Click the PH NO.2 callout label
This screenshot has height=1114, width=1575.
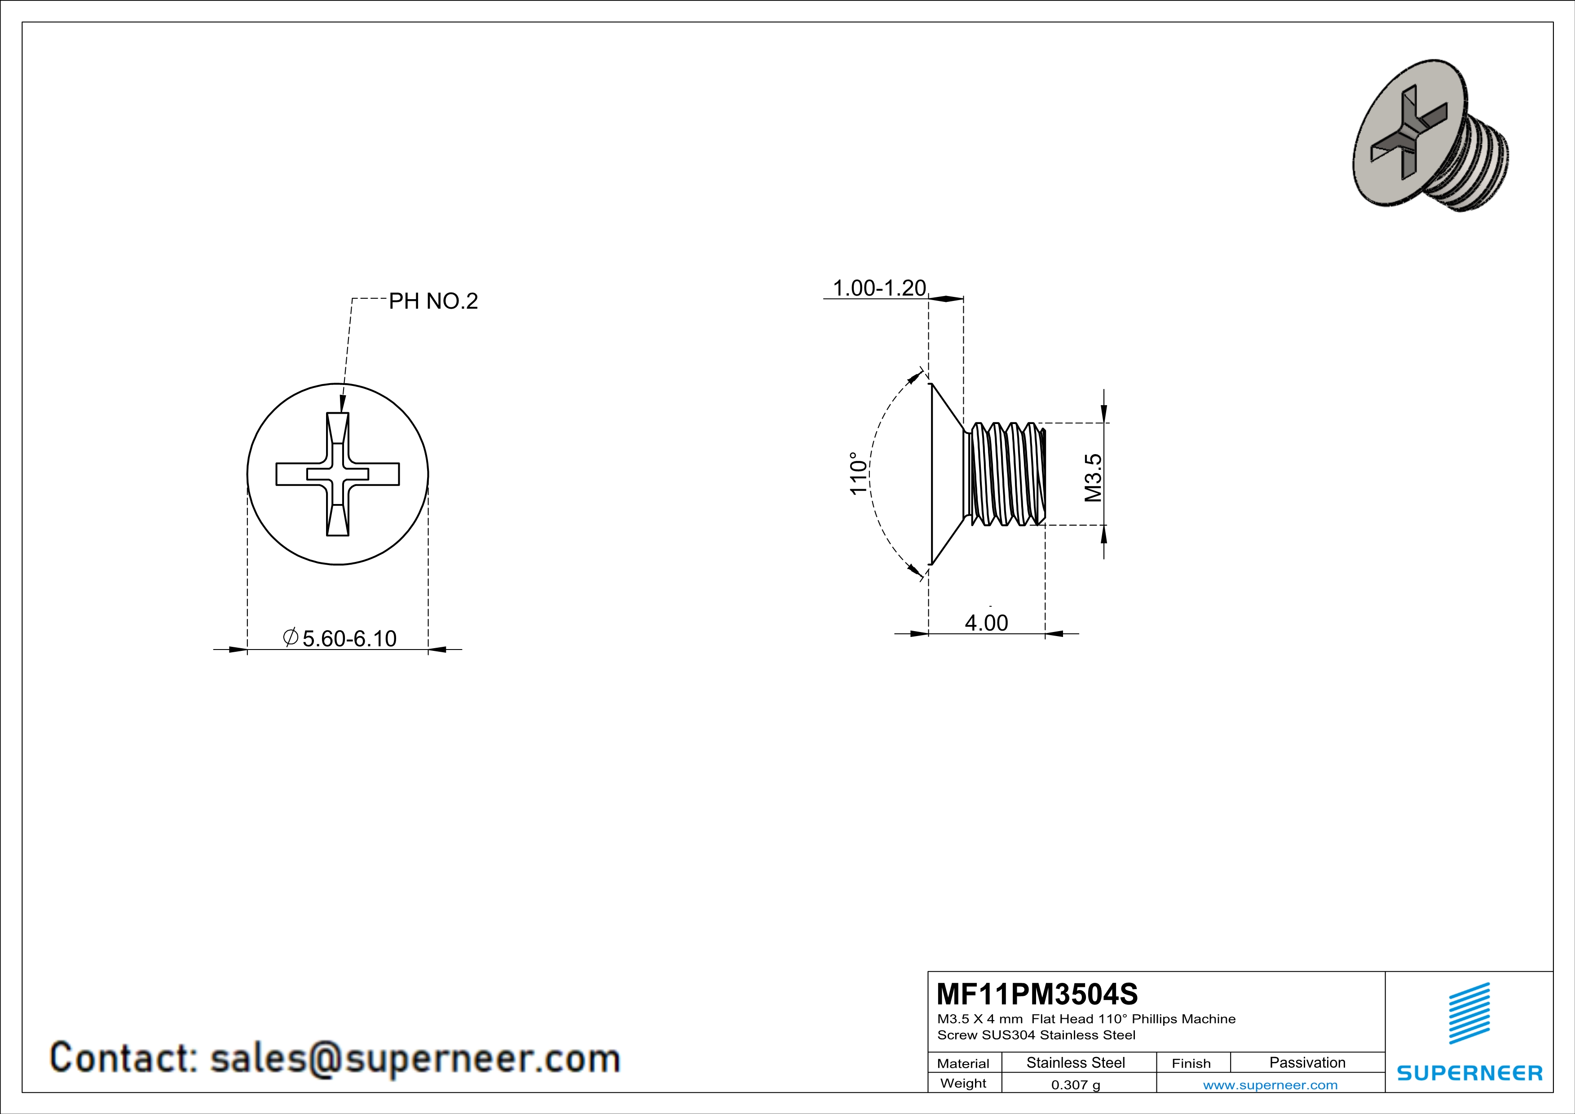coord(433,301)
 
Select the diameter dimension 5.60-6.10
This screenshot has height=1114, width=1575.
coord(349,639)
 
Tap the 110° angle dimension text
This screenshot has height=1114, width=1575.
coord(858,473)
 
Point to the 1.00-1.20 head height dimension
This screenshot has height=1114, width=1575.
coord(879,288)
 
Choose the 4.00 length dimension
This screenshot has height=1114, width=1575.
coord(986,623)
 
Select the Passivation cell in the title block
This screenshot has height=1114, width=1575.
coord(1307,1062)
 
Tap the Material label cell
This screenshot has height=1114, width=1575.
coord(963,1063)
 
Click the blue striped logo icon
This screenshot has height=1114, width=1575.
coord(1469,1013)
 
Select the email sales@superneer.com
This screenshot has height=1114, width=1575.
coord(415,1058)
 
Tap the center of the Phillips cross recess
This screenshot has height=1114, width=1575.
coord(338,474)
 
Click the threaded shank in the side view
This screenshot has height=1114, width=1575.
coord(1005,474)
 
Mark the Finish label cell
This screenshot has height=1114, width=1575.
coord(1191,1063)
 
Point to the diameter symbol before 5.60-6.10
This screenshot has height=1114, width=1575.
coord(290,637)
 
